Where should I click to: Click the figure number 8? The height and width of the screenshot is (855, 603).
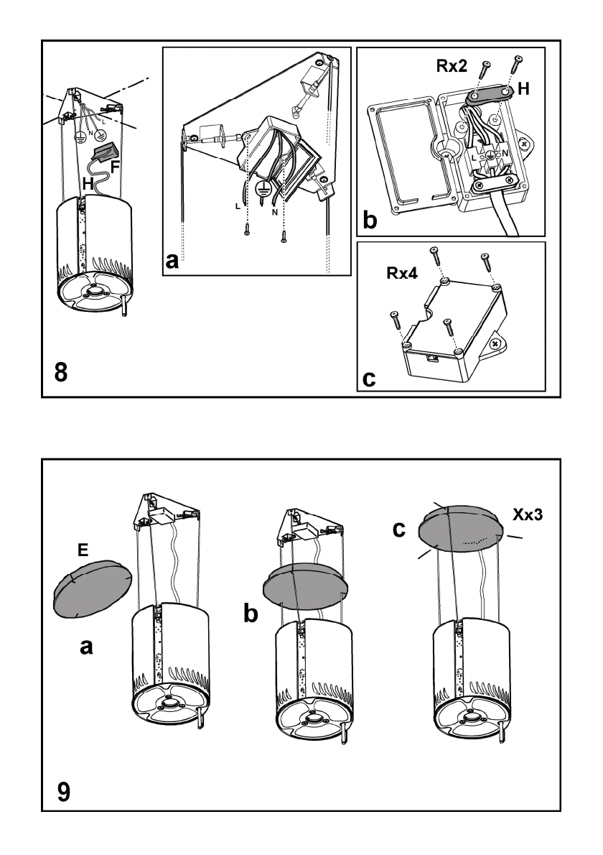coord(62,373)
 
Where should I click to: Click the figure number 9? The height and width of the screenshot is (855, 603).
coord(64,792)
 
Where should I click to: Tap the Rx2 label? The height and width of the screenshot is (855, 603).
coord(452,66)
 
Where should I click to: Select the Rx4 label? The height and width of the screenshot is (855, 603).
coord(402,272)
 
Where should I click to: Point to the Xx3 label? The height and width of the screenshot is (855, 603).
coord(528,514)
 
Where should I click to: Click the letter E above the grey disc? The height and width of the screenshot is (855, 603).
coord(83,550)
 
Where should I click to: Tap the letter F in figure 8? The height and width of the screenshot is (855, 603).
coord(116,167)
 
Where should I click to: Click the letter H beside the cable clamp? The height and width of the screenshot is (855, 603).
coord(523,88)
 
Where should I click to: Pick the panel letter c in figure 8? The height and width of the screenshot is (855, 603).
coord(369,378)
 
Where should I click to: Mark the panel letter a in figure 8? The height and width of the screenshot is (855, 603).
coord(172,262)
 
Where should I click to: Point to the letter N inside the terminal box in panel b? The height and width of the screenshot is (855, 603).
coord(505,153)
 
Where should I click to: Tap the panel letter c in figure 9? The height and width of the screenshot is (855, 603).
coord(400,528)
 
